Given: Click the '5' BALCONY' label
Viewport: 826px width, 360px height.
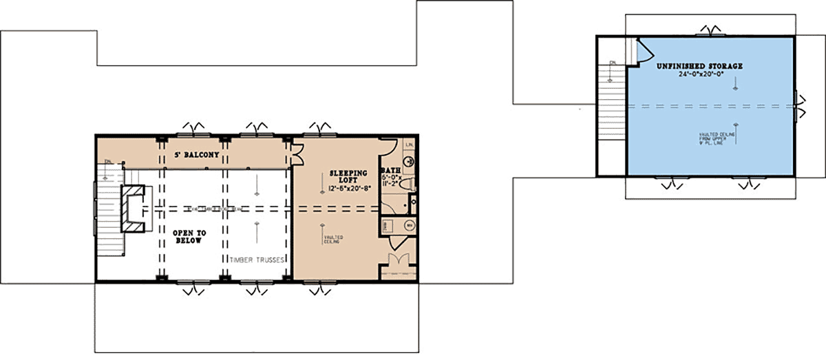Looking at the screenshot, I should (198, 156).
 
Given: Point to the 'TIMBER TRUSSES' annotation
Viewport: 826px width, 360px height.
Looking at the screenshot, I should (257, 260).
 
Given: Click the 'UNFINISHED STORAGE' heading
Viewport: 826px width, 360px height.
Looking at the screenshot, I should (699, 66).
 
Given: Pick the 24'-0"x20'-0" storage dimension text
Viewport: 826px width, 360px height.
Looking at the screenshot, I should (699, 74).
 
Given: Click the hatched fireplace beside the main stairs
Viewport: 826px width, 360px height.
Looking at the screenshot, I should (133, 209).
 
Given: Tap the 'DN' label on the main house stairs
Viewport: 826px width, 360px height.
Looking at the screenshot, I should (107, 162).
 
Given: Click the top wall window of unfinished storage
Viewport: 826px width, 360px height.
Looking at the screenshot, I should (708, 32).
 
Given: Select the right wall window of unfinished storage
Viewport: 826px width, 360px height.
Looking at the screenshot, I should (796, 106).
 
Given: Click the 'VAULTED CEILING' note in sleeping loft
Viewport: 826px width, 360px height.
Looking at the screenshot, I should (334, 238).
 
